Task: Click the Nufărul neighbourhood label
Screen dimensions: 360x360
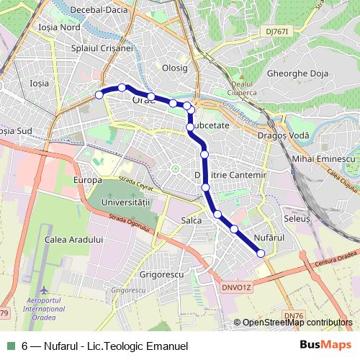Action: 270,237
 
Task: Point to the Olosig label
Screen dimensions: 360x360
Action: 175,68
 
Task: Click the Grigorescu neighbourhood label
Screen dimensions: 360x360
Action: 162,274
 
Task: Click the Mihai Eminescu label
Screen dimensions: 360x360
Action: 325,158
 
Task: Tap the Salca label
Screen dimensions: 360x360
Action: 192,220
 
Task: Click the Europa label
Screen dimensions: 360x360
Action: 87,179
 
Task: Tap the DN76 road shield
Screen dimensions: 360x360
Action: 294,315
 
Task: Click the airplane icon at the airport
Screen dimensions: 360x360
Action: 45,289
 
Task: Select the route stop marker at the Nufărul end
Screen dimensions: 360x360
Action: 261,252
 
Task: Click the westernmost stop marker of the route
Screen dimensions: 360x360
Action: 99,94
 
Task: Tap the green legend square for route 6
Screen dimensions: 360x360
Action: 11,346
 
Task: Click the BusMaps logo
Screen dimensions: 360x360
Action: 326,346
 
